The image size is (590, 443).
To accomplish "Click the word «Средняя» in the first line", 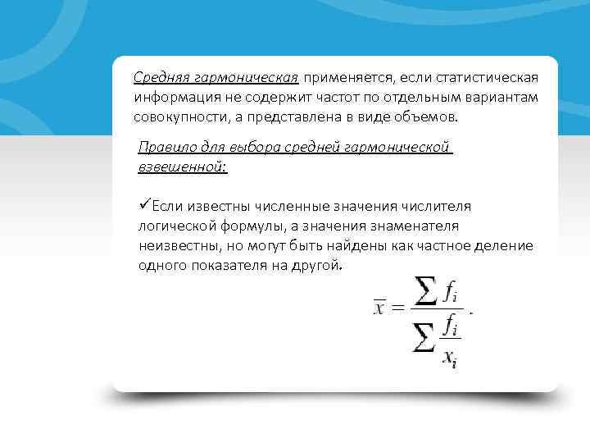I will coord(161,77).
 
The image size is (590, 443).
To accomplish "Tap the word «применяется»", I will coord(347,77).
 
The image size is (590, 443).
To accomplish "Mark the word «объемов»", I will coord(429,117).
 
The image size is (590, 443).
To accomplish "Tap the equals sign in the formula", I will coord(397,308).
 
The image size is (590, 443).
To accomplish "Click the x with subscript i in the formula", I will coord(450,359).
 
